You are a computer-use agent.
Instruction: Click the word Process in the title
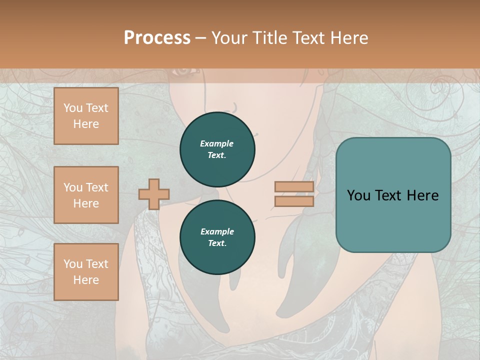pyautogui.click(x=157, y=38)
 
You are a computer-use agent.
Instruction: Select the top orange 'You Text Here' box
pyautogui.click(x=86, y=116)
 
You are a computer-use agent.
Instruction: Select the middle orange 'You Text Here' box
pyautogui.click(x=86, y=195)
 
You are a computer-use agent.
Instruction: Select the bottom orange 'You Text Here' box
pyautogui.click(x=86, y=272)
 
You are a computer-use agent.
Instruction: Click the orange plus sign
pyautogui.click(x=154, y=194)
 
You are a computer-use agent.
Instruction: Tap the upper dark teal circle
pyautogui.click(x=217, y=149)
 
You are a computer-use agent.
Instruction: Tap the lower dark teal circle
pyautogui.click(x=217, y=237)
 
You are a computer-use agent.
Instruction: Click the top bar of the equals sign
pyautogui.click(x=294, y=187)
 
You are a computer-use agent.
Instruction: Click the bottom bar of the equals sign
pyautogui.click(x=294, y=201)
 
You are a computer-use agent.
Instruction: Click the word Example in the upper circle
pyautogui.click(x=217, y=143)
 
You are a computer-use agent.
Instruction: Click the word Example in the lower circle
pyautogui.click(x=217, y=231)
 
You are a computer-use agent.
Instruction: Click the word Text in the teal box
pyautogui.click(x=387, y=195)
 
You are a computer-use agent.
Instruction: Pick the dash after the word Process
pyautogui.click(x=200, y=38)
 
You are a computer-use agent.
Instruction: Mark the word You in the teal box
pyautogui.click(x=358, y=195)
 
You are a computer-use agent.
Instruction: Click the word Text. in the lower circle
pyautogui.click(x=217, y=243)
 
